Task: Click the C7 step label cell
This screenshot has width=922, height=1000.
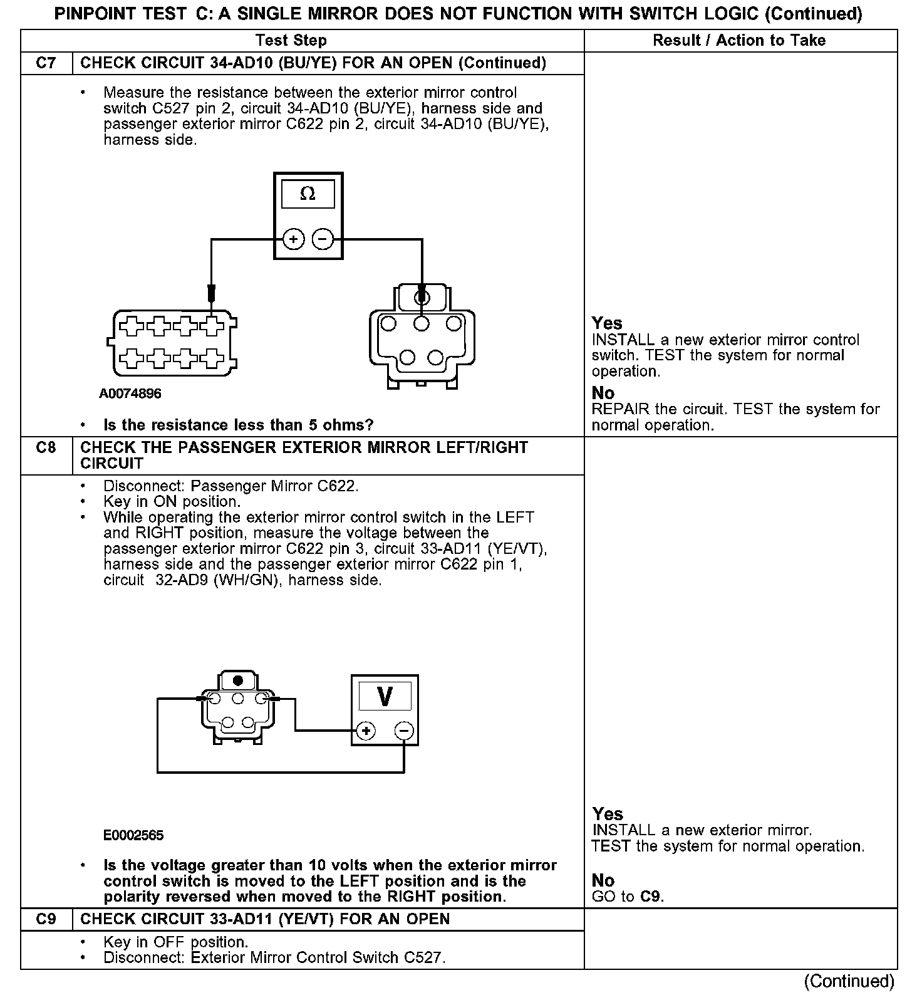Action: [x=46, y=63]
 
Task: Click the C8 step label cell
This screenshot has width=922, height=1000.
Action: [x=46, y=448]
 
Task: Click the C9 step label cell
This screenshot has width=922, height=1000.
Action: [x=46, y=919]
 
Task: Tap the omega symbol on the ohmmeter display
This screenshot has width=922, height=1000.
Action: [x=308, y=194]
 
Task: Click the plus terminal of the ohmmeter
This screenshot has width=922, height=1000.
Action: [x=293, y=239]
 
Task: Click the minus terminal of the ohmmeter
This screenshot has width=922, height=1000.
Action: [x=323, y=239]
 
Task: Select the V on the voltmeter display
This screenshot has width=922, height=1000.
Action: [x=385, y=696]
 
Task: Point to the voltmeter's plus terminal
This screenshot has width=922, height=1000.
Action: [x=366, y=731]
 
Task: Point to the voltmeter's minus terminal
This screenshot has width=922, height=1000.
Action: [x=404, y=731]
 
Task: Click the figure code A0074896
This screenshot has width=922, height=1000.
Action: [x=130, y=393]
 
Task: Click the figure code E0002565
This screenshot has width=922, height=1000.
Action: [x=133, y=835]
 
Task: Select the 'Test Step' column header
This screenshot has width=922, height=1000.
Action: [x=291, y=41]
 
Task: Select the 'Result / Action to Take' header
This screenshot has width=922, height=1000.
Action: [x=739, y=41]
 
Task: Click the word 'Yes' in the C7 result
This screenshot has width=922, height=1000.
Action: [x=607, y=323]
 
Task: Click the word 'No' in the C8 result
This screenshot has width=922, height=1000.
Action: [x=603, y=880]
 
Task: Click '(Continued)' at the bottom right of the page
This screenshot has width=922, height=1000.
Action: [x=849, y=981]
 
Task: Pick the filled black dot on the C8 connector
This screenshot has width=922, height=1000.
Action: [x=237, y=680]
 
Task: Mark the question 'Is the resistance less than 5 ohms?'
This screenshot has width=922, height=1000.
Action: [x=238, y=425]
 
